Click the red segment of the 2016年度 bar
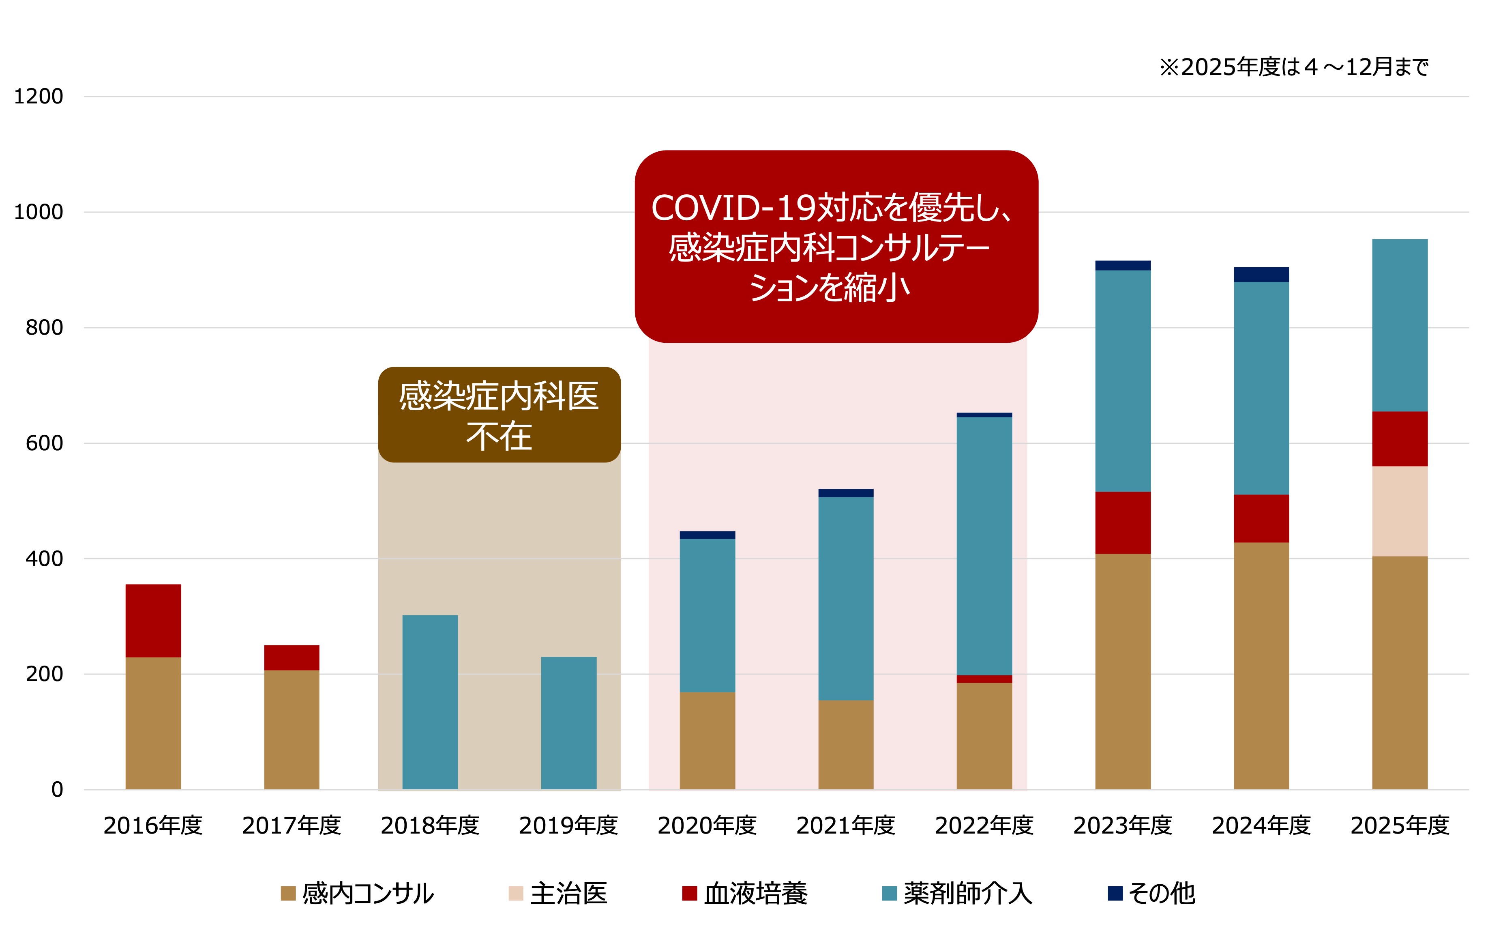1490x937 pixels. pyautogui.click(x=153, y=620)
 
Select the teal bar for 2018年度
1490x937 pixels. pyautogui.click(x=430, y=702)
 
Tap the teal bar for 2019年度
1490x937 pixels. pyautogui.click(x=569, y=722)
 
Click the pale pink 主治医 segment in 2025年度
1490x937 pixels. pyautogui.click(x=1400, y=511)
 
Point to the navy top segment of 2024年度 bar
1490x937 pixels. pyautogui.click(x=1261, y=274)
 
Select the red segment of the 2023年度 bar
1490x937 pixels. pyautogui.click(x=1122, y=522)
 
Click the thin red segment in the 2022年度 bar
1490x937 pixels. pyautogui.click(x=984, y=679)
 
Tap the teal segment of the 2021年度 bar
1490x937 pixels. pyautogui.click(x=846, y=598)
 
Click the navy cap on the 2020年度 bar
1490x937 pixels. pyautogui.click(x=707, y=535)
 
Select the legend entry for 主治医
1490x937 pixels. pyautogui.click(x=558, y=893)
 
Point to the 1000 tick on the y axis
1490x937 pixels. pyautogui.click(x=39, y=212)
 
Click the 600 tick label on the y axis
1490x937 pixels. pyautogui.click(x=44, y=443)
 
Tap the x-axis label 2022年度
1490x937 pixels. pyautogui.click(x=984, y=825)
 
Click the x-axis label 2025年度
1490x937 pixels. pyautogui.click(x=1400, y=825)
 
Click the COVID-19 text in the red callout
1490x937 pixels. pyautogui.click(x=733, y=208)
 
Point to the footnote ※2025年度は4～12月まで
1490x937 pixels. pyautogui.click(x=1293, y=67)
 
